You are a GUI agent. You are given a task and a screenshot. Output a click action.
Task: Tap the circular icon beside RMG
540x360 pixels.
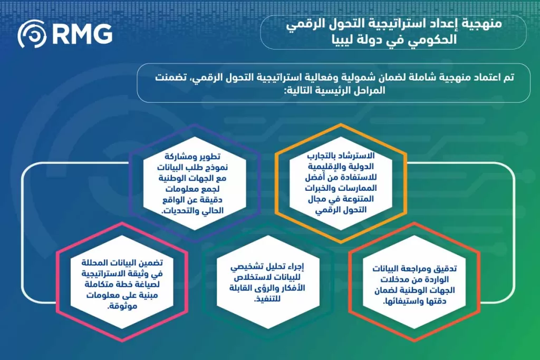coord(32,35)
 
